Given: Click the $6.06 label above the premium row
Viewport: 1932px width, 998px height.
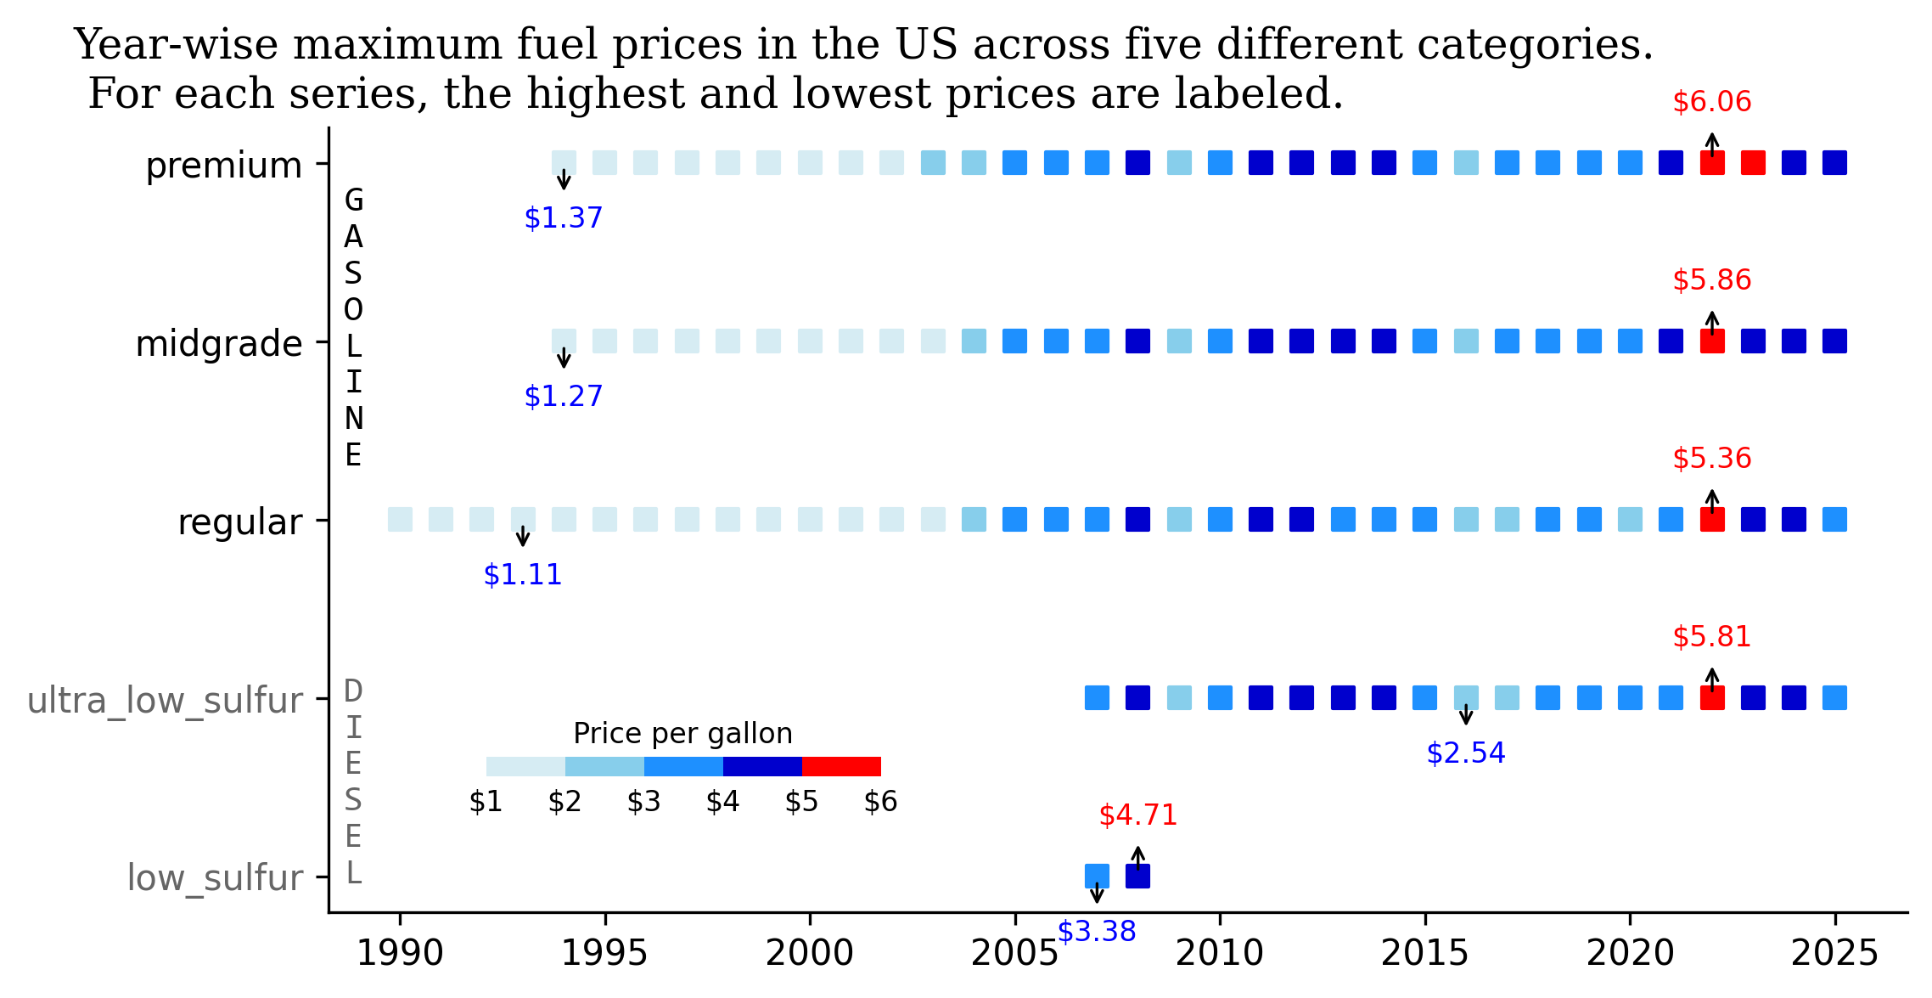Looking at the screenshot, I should pos(1711,102).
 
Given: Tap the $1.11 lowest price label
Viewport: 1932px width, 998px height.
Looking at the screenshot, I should pos(522,575).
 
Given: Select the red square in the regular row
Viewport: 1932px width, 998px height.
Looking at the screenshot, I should pos(1711,520).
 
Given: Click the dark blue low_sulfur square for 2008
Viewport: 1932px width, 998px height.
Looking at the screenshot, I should pos(1137,876).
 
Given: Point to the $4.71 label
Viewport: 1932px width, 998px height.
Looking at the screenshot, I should pos(1137,815).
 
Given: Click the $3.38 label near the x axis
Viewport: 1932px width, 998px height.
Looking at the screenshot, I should pos(1096,932).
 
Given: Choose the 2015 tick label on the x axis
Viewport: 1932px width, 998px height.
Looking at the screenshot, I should pos(1424,954).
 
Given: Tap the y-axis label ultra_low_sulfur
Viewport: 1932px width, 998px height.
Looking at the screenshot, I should pos(165,701).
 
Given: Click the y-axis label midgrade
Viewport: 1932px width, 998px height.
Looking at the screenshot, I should pos(218,344).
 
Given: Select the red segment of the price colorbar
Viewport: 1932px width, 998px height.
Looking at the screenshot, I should pos(840,766).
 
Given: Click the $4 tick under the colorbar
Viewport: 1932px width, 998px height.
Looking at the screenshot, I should pos(722,802).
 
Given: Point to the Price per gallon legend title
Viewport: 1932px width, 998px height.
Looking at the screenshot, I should pos(682,733).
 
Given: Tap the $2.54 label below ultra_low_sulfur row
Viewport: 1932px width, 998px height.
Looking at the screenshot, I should pos(1465,753).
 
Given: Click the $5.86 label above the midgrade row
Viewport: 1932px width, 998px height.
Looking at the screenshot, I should pos(1711,280).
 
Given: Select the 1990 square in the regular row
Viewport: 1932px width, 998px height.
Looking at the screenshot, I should pos(400,520).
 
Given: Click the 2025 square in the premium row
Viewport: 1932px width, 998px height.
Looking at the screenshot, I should pos(1834,163).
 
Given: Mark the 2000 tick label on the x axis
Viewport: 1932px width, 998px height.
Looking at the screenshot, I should pos(809,954).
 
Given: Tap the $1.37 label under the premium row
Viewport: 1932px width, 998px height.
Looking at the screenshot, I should pos(563,218).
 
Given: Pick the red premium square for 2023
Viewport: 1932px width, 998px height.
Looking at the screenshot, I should pos(1753,163).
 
